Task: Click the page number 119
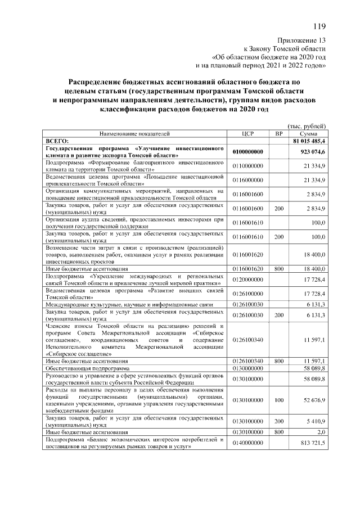319,26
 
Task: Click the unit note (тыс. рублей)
307,127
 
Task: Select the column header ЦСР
248,134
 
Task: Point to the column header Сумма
307,134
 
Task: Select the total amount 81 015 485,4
309,141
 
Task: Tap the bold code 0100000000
248,152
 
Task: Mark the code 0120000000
248,280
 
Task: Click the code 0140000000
248,443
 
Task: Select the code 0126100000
248,294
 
